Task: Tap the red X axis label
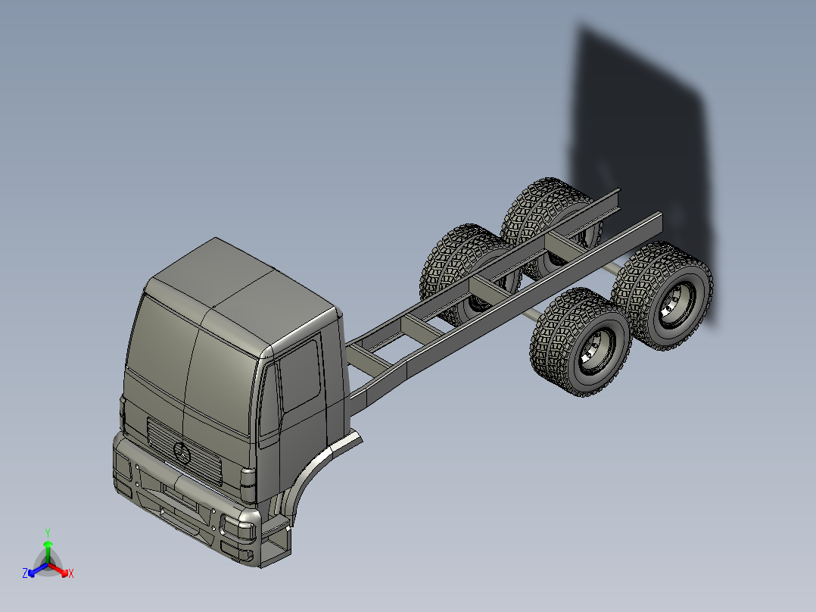[x=70, y=574]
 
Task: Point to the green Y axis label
[x=47, y=532]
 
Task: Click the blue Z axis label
[x=25, y=574]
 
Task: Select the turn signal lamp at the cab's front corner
[x=248, y=479]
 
